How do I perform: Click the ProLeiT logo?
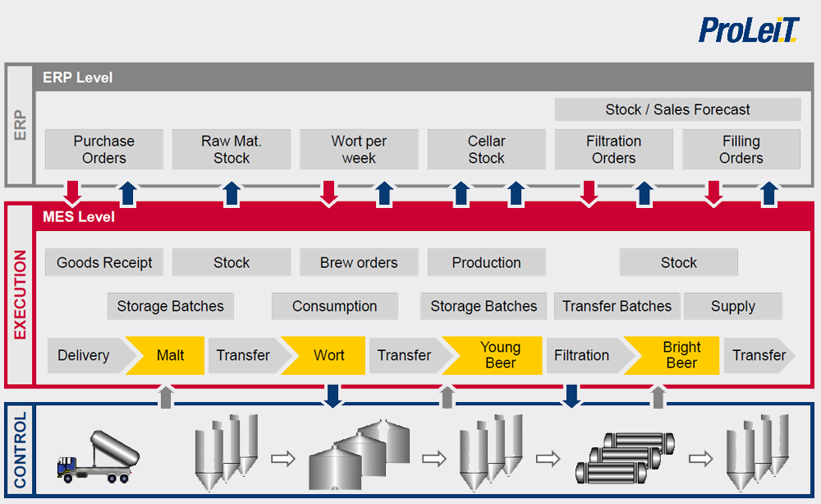click(x=748, y=30)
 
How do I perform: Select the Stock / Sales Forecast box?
click(x=677, y=109)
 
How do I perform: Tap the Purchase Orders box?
click(x=103, y=150)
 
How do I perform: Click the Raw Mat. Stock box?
click(x=231, y=150)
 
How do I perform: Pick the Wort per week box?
click(x=359, y=150)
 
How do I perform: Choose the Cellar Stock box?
click(x=486, y=150)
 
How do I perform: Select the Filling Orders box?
click(x=741, y=150)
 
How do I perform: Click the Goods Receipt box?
click(x=104, y=263)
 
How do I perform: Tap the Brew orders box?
click(x=359, y=263)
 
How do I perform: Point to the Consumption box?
click(x=334, y=307)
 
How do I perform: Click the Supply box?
click(x=732, y=307)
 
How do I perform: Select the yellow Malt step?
click(x=169, y=356)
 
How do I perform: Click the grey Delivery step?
click(x=85, y=356)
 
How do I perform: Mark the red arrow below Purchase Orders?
click(x=73, y=192)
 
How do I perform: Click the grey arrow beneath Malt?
click(x=166, y=396)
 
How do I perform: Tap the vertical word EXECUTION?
click(x=20, y=294)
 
